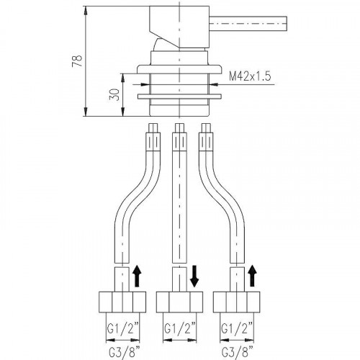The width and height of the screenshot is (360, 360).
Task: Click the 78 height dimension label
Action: click(x=78, y=61)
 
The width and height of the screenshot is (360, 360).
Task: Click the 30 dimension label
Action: click(x=114, y=94)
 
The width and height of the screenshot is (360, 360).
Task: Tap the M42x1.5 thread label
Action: click(x=250, y=76)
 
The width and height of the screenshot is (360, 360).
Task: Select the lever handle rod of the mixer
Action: click(x=248, y=24)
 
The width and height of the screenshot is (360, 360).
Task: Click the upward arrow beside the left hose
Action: click(x=137, y=276)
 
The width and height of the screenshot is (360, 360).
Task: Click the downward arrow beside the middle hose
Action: click(x=194, y=276)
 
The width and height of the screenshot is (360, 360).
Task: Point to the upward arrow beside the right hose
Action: click(x=252, y=276)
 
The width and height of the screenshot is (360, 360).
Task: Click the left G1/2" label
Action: click(x=123, y=329)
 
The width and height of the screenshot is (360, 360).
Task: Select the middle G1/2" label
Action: click(x=180, y=329)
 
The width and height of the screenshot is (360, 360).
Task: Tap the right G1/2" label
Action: click(x=237, y=329)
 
